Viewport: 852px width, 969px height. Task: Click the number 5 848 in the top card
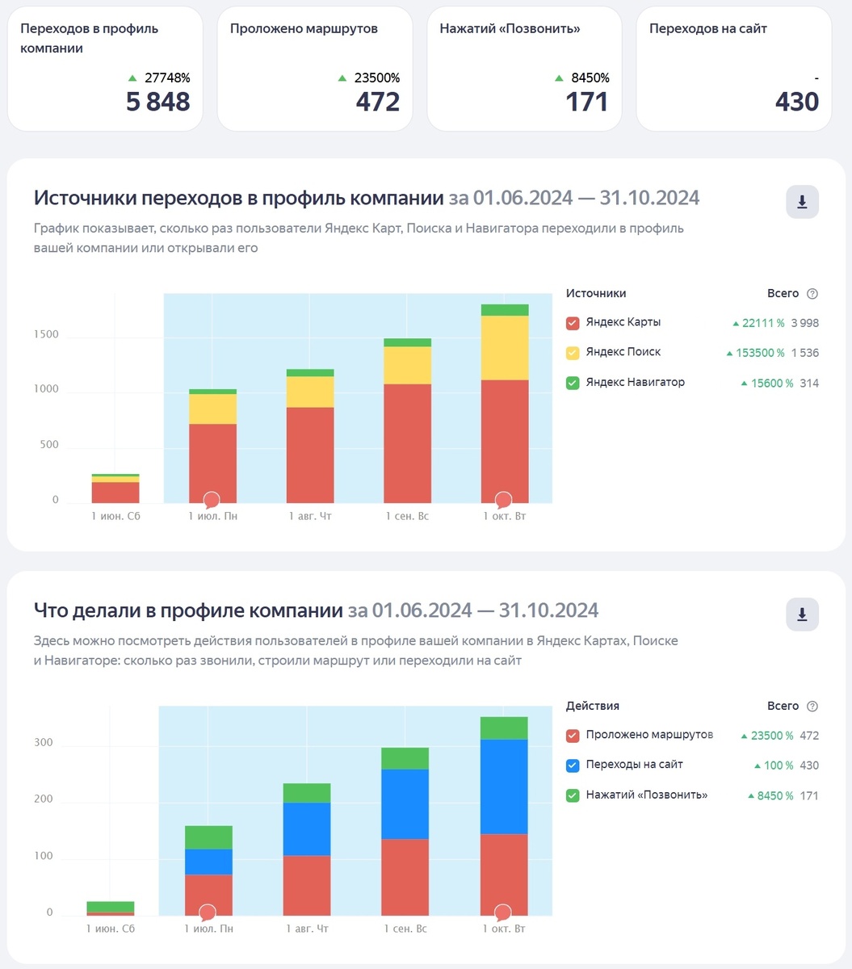157,102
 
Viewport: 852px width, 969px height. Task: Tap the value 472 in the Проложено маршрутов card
378,102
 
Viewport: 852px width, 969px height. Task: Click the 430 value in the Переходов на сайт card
796,102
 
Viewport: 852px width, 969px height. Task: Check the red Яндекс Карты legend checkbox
573,323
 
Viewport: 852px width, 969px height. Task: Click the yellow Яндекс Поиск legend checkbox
573,353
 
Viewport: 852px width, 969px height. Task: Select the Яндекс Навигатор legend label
635,383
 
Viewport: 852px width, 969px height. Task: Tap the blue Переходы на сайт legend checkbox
573,766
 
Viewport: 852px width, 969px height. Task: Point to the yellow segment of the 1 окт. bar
504,347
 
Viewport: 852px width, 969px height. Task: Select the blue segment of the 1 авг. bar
307,828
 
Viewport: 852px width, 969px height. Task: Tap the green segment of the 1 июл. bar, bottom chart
208,837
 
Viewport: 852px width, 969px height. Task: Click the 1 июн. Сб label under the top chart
115,516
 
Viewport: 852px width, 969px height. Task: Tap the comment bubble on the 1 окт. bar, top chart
504,500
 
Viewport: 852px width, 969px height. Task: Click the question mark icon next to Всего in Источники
812,294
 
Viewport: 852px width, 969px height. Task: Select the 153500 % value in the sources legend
758,353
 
